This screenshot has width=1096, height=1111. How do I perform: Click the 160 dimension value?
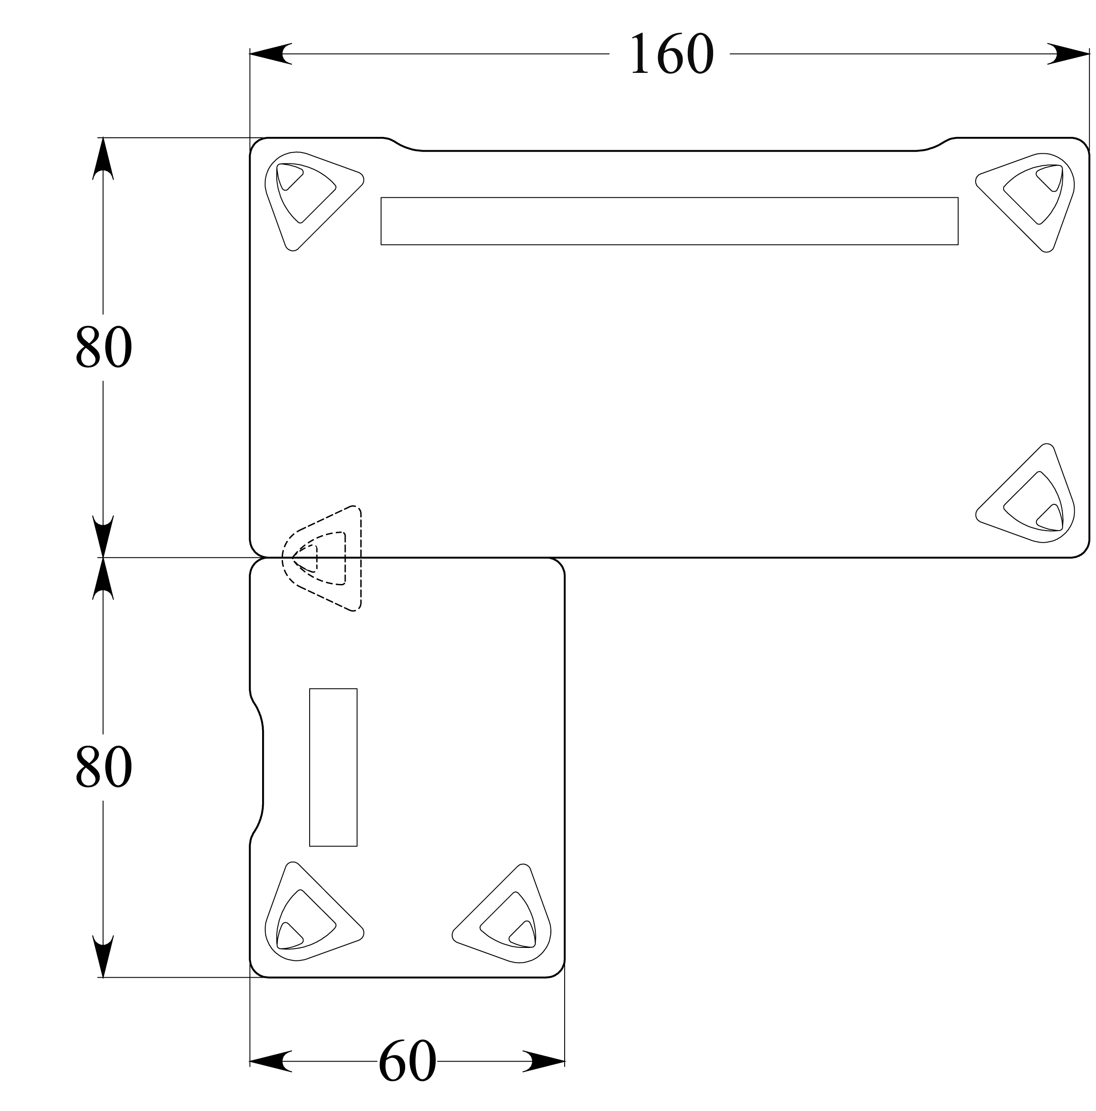tap(671, 54)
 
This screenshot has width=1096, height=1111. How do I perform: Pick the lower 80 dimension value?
tap(104, 767)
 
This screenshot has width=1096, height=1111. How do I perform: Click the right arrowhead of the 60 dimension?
tap(544, 1061)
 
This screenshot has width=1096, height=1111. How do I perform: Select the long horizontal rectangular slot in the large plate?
tap(669, 221)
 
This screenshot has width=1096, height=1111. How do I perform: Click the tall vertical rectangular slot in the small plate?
tap(333, 767)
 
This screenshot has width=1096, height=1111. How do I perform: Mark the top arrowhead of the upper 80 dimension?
tap(103, 158)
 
